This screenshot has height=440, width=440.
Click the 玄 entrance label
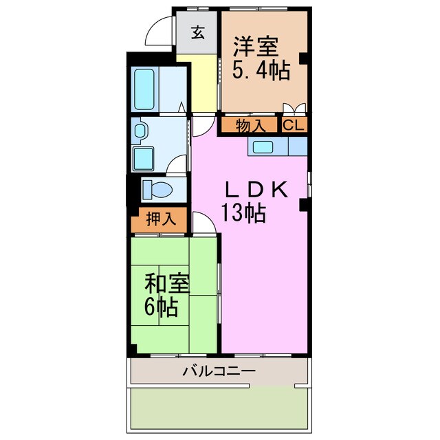tap(197, 32)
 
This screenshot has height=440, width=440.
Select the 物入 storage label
tap(249, 126)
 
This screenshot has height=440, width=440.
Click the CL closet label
tap(293, 126)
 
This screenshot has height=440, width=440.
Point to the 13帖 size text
tap(243, 214)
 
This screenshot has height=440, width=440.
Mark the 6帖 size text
tap(162, 307)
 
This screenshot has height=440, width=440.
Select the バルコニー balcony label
tap(219, 372)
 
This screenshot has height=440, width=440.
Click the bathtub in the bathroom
tap(144, 89)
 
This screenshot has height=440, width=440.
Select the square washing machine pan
tap(146, 158)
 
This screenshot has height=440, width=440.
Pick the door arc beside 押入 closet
tap(201, 221)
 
